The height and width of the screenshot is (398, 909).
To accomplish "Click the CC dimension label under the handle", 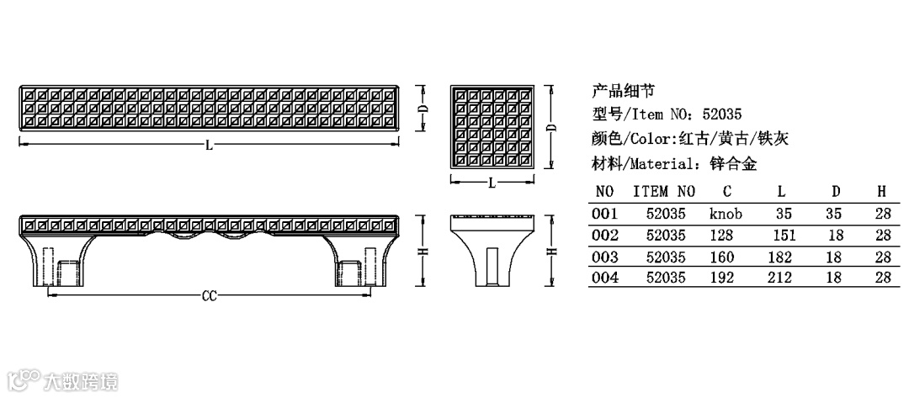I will pos(210,296).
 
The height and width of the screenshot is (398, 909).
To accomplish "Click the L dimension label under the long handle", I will pos(209,146).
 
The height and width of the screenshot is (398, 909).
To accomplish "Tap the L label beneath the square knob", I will pos(492,183).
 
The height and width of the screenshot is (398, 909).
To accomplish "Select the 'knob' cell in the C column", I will pos(726,214).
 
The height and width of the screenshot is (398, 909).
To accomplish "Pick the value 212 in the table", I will pos(780,278).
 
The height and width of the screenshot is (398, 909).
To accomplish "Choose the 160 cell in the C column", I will pos(722,257).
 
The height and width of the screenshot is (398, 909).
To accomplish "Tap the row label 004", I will pos(606,278).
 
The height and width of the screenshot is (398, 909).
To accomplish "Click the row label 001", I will pos(606,214).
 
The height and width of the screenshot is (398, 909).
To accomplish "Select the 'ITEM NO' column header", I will pos(664,192).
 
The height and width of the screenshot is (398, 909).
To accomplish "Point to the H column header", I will pos(882,192).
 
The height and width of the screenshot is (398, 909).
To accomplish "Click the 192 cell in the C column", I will pos(722,278).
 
